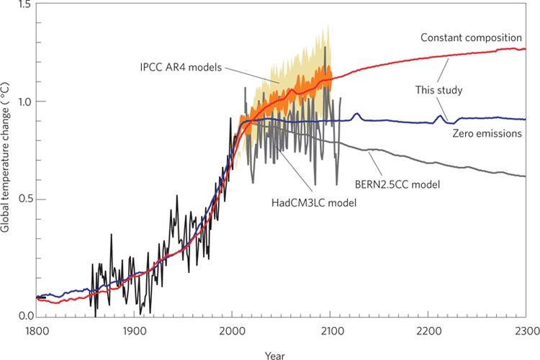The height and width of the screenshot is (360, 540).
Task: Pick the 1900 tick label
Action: point(132,332)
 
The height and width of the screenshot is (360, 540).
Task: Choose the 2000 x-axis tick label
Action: point(231,332)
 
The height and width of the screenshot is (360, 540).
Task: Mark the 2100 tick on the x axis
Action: point(330,332)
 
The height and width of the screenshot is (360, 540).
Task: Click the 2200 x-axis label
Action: point(428,332)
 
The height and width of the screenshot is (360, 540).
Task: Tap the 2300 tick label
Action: point(524,332)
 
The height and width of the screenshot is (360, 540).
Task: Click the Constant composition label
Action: point(472,37)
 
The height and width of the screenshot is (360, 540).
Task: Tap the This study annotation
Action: point(438,90)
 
